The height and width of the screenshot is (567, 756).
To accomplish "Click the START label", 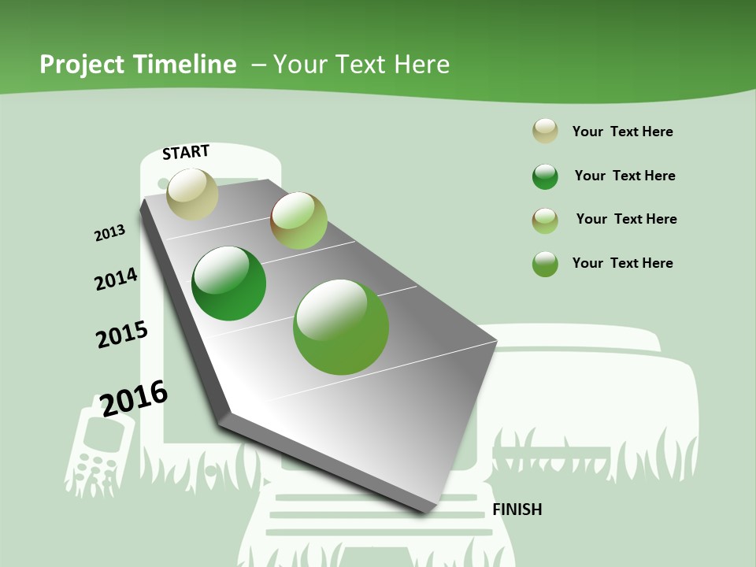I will (x=186, y=152).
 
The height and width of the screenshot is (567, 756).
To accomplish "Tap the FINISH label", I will (x=517, y=510).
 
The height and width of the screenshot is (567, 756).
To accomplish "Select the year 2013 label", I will (x=109, y=233).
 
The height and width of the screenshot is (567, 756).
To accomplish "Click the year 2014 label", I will (x=116, y=279).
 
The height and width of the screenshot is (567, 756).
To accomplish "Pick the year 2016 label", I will (x=134, y=398).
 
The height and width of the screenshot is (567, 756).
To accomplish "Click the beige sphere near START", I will (x=193, y=194).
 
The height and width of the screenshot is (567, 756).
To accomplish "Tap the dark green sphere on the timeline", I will (x=229, y=283).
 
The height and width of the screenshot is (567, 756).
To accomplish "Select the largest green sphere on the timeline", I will (x=341, y=327).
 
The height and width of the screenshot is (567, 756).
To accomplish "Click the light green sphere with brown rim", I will (x=298, y=220).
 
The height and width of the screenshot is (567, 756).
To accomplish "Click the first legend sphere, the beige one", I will (x=545, y=131).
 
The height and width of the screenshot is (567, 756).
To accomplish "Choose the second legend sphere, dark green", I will (x=545, y=176).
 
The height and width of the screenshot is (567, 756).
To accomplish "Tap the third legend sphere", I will (x=545, y=220).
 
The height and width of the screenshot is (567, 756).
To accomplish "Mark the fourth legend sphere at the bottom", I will (x=545, y=264).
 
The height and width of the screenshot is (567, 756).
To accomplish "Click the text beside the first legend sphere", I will (x=622, y=132).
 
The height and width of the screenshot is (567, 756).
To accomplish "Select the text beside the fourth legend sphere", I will (x=622, y=263).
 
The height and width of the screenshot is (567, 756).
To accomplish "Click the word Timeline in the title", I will (x=184, y=65).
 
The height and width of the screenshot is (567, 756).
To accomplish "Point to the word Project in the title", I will (x=82, y=65).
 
